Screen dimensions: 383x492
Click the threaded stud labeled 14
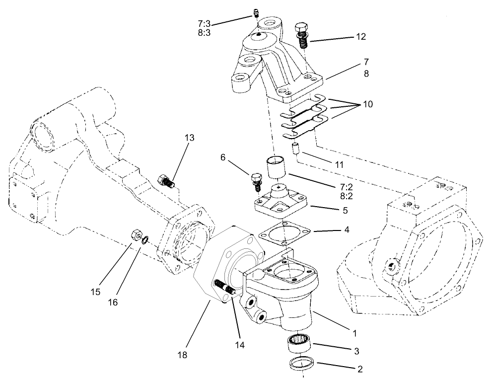coord(225,287)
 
